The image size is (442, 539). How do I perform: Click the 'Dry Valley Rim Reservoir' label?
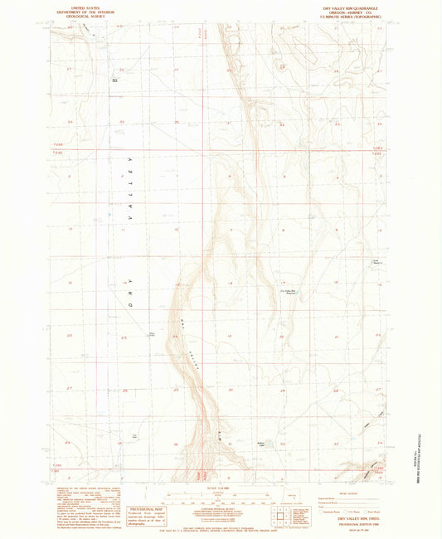tap(287, 291)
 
